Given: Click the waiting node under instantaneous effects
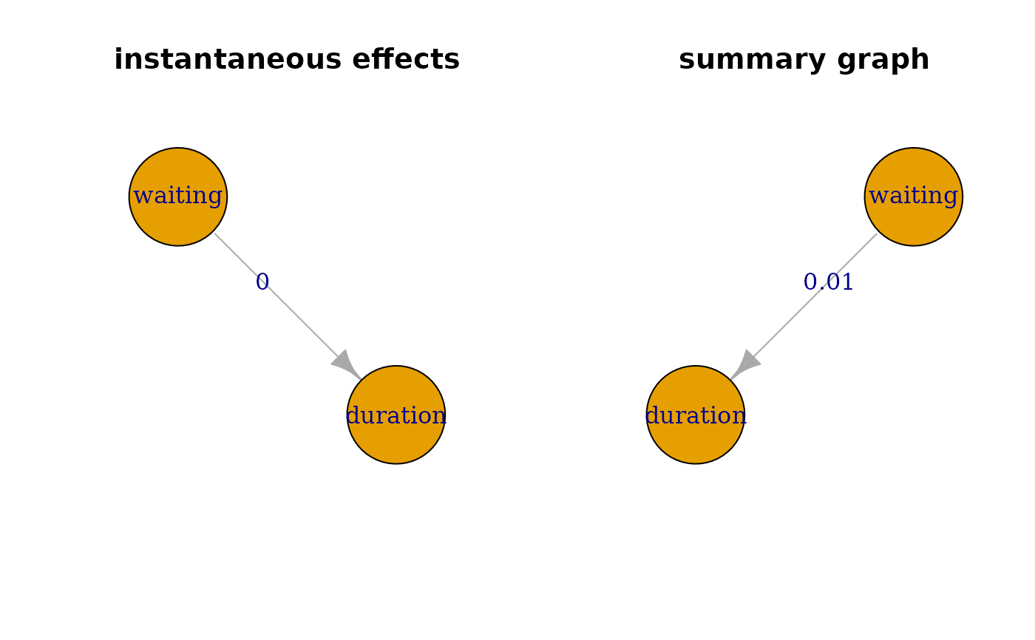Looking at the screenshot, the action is click(x=178, y=197).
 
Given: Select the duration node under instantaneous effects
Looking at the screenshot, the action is click(x=396, y=415).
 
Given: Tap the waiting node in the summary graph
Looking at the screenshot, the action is click(x=914, y=197).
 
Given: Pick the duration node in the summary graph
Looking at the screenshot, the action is click(x=696, y=415).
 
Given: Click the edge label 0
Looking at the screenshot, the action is click(x=262, y=282).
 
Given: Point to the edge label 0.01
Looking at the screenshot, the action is click(x=828, y=282).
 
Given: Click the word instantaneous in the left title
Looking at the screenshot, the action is click(x=228, y=60).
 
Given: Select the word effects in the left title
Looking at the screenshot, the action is click(x=406, y=60).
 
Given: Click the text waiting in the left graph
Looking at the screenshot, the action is click(x=178, y=196).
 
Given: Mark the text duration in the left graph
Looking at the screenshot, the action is click(x=396, y=415).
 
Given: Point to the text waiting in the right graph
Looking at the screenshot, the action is click(x=914, y=196).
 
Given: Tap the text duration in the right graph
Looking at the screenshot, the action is click(x=696, y=415).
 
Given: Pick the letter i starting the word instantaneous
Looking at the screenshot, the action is click(x=118, y=60).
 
